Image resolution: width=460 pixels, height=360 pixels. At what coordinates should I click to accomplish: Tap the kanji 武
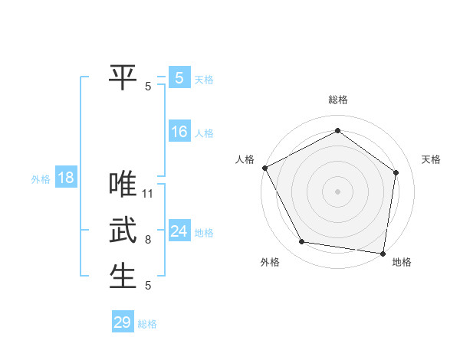123,230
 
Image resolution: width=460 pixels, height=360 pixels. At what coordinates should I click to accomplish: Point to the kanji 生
123,276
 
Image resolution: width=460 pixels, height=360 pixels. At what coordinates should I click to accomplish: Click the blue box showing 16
179,132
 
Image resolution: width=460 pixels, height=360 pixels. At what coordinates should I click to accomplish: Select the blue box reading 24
179,231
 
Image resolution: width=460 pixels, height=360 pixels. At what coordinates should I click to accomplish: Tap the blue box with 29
123,322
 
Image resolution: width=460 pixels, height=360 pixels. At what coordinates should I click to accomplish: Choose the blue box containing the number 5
179,77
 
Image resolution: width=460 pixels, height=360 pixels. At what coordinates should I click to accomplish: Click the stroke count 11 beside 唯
149,194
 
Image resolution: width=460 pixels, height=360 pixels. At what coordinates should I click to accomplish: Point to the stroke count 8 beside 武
148,240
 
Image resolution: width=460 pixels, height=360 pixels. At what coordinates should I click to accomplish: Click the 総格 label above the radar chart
338,100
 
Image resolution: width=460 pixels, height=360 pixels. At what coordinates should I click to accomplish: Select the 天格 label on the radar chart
431,159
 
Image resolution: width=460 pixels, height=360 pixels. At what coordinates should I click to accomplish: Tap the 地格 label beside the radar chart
402,262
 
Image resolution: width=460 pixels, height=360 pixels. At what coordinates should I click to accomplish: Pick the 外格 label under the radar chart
270,262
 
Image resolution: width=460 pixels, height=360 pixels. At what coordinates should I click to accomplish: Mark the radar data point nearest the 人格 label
264,168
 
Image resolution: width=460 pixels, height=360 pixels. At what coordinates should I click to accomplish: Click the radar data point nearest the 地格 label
383,252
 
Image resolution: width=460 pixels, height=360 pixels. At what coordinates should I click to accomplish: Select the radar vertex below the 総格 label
337,131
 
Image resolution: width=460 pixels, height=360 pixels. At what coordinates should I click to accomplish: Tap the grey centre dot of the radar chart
337,191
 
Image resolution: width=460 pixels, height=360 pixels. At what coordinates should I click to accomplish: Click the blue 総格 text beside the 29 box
147,324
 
